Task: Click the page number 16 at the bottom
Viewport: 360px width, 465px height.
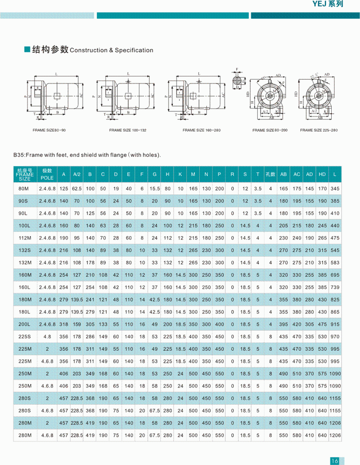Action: click(335, 460)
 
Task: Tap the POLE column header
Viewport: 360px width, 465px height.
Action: click(47, 174)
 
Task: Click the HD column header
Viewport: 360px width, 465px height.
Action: click(322, 174)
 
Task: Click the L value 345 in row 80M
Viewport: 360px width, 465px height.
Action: click(335, 189)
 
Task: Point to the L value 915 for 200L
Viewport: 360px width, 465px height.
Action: click(335, 324)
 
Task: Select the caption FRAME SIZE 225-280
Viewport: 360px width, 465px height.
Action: click(319, 130)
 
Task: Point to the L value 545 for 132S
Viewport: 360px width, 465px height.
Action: click(335, 250)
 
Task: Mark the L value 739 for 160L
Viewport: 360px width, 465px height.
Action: click(335, 287)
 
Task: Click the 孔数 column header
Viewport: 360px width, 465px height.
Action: click(271, 174)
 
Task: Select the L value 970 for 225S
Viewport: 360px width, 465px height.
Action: click(335, 336)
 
